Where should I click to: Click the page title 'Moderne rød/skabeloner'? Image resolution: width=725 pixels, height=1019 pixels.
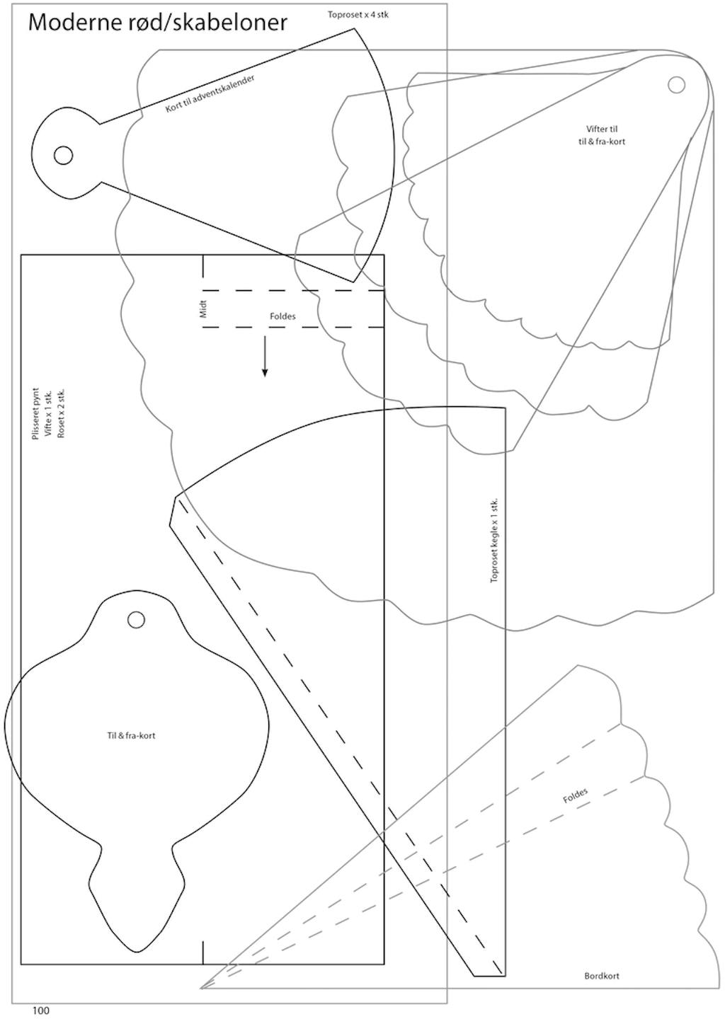(x=157, y=23)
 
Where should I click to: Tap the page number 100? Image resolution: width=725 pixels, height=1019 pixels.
(x=41, y=1011)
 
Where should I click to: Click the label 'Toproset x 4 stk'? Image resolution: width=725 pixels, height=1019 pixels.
(x=358, y=14)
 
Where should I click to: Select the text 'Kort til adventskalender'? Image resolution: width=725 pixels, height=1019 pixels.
(x=210, y=93)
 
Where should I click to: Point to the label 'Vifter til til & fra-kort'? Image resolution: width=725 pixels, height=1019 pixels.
(x=601, y=135)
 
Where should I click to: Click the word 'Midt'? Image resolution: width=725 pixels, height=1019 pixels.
(x=204, y=309)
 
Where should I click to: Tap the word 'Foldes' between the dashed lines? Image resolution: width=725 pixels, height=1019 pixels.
(x=282, y=316)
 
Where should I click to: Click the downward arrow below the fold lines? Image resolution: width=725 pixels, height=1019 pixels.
(x=265, y=357)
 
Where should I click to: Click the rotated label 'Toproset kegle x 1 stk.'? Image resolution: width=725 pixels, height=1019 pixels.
(x=494, y=541)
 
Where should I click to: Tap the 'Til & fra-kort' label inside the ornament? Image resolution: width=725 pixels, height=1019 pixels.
(x=131, y=736)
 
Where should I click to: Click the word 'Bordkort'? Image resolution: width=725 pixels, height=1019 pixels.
(x=602, y=976)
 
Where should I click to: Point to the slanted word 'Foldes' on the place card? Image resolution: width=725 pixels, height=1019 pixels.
(x=575, y=796)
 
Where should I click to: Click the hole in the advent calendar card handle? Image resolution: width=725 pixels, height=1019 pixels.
(x=63, y=155)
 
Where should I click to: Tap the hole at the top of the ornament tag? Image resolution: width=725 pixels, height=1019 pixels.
(x=136, y=620)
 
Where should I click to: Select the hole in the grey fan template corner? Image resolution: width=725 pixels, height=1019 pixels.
(x=676, y=85)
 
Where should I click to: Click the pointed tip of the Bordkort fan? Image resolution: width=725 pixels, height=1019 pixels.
(x=202, y=987)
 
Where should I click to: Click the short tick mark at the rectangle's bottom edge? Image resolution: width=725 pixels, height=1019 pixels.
(x=203, y=952)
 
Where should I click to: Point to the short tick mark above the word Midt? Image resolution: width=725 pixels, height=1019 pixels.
(x=203, y=266)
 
